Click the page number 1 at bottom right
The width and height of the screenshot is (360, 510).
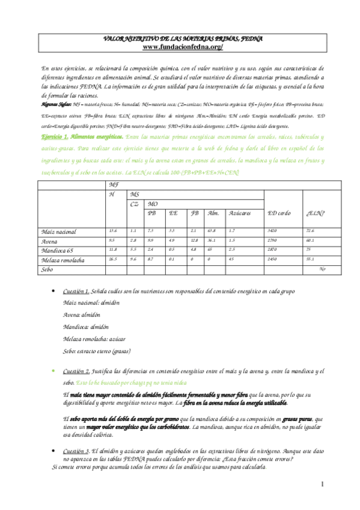(322, 484)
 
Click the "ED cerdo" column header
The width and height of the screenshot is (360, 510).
(280, 213)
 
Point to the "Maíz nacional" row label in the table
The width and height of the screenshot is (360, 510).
(59, 231)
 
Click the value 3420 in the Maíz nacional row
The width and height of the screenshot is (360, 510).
(273, 230)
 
